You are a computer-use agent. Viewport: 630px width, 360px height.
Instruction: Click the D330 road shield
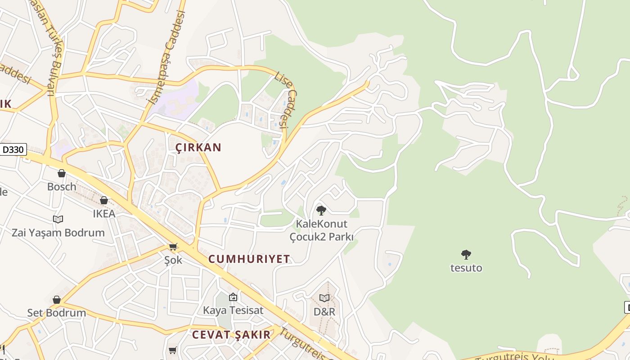click(x=13, y=149)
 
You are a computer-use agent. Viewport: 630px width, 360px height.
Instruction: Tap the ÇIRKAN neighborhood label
click(x=198, y=148)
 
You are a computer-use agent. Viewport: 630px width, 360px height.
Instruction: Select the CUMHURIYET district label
click(x=249, y=259)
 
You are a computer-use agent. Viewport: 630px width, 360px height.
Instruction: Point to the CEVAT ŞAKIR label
click(x=231, y=335)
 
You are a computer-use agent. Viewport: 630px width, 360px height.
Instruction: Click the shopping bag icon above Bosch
click(x=62, y=173)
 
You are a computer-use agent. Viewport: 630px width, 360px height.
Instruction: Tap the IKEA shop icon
click(x=104, y=200)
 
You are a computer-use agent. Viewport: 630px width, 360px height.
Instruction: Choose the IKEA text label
click(x=104, y=213)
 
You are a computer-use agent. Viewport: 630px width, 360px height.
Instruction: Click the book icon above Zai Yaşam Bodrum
click(x=58, y=219)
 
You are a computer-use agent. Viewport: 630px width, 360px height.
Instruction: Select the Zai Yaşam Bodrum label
click(x=58, y=233)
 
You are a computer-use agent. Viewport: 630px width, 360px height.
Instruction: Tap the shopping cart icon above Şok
click(x=173, y=247)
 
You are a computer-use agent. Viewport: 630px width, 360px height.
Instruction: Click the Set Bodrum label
click(x=57, y=313)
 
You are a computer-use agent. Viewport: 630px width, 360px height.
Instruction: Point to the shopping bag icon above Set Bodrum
click(x=57, y=300)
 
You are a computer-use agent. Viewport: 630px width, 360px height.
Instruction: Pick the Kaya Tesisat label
click(x=233, y=310)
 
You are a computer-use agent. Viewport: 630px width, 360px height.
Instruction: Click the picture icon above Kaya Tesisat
click(x=233, y=297)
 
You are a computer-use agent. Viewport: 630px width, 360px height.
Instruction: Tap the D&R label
click(x=324, y=311)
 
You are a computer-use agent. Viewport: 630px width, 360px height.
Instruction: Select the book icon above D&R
click(x=324, y=298)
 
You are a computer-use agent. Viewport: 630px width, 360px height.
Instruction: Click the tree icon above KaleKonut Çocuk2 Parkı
click(x=321, y=210)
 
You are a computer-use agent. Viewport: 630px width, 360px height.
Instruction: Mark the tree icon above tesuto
click(x=466, y=255)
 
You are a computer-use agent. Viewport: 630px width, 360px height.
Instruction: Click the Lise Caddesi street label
click(x=286, y=101)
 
